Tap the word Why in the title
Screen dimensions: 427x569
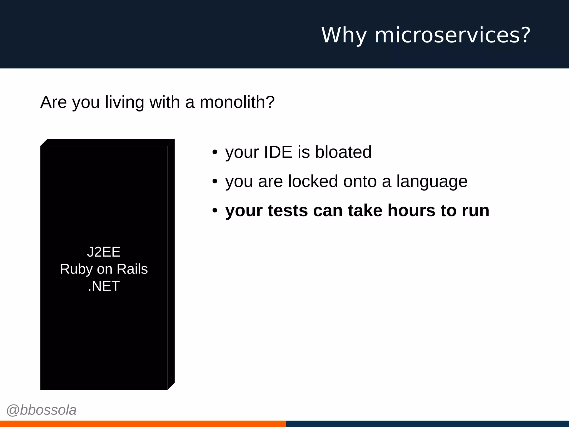point(344,35)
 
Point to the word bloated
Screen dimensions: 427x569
point(343,152)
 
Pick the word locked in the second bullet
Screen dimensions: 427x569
point(313,181)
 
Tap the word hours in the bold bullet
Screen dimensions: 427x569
point(411,210)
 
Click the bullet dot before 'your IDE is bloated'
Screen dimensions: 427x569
point(214,152)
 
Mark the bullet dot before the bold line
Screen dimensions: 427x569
point(214,211)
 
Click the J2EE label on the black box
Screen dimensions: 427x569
point(104,252)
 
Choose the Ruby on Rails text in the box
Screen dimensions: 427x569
point(104,269)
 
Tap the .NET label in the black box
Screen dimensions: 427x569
point(104,286)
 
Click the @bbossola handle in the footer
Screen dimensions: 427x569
point(41,410)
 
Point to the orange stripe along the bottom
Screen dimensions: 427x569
point(143,424)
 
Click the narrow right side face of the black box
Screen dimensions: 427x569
point(171,264)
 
